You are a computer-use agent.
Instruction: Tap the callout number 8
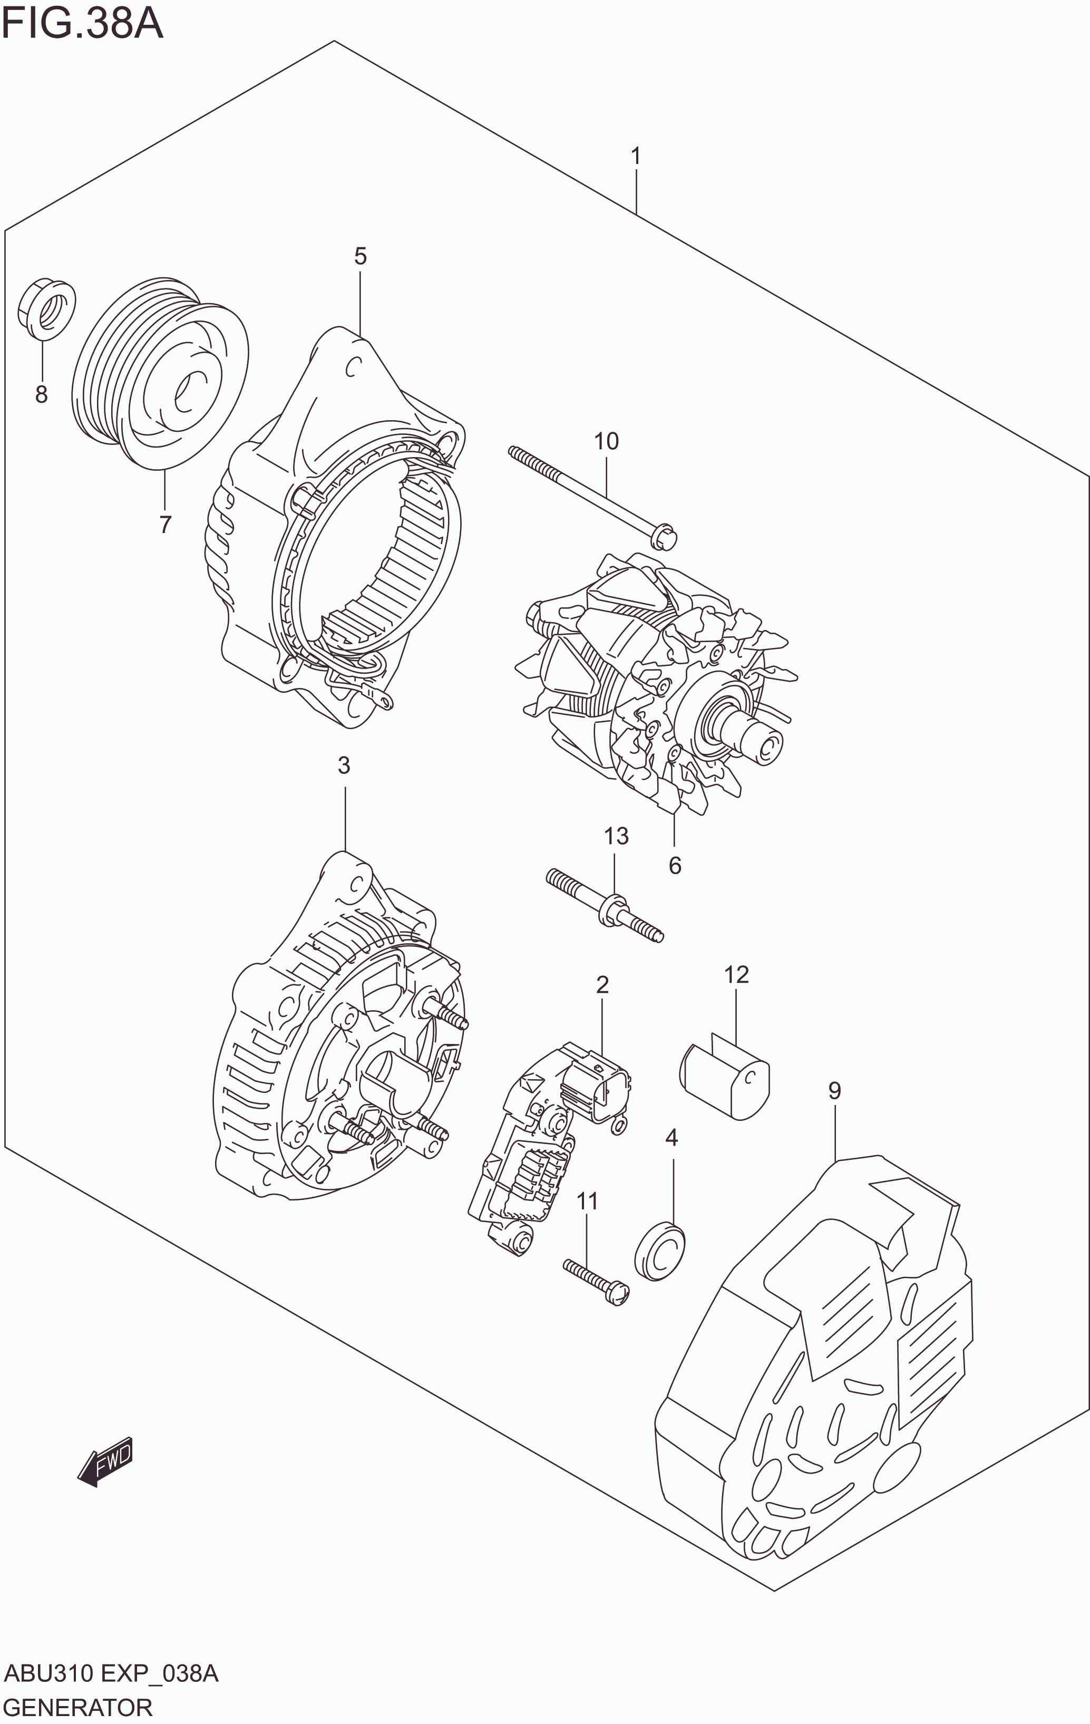pyautogui.click(x=42, y=394)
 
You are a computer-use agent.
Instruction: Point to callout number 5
pyautogui.click(x=360, y=256)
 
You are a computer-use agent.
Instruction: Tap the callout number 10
pyautogui.click(x=606, y=441)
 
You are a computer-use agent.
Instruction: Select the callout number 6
pyautogui.click(x=675, y=866)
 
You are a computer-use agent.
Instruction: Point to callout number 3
pyautogui.click(x=344, y=766)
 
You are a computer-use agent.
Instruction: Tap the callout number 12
pyautogui.click(x=736, y=974)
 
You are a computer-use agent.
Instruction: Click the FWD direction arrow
pyautogui.click(x=106, y=1460)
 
